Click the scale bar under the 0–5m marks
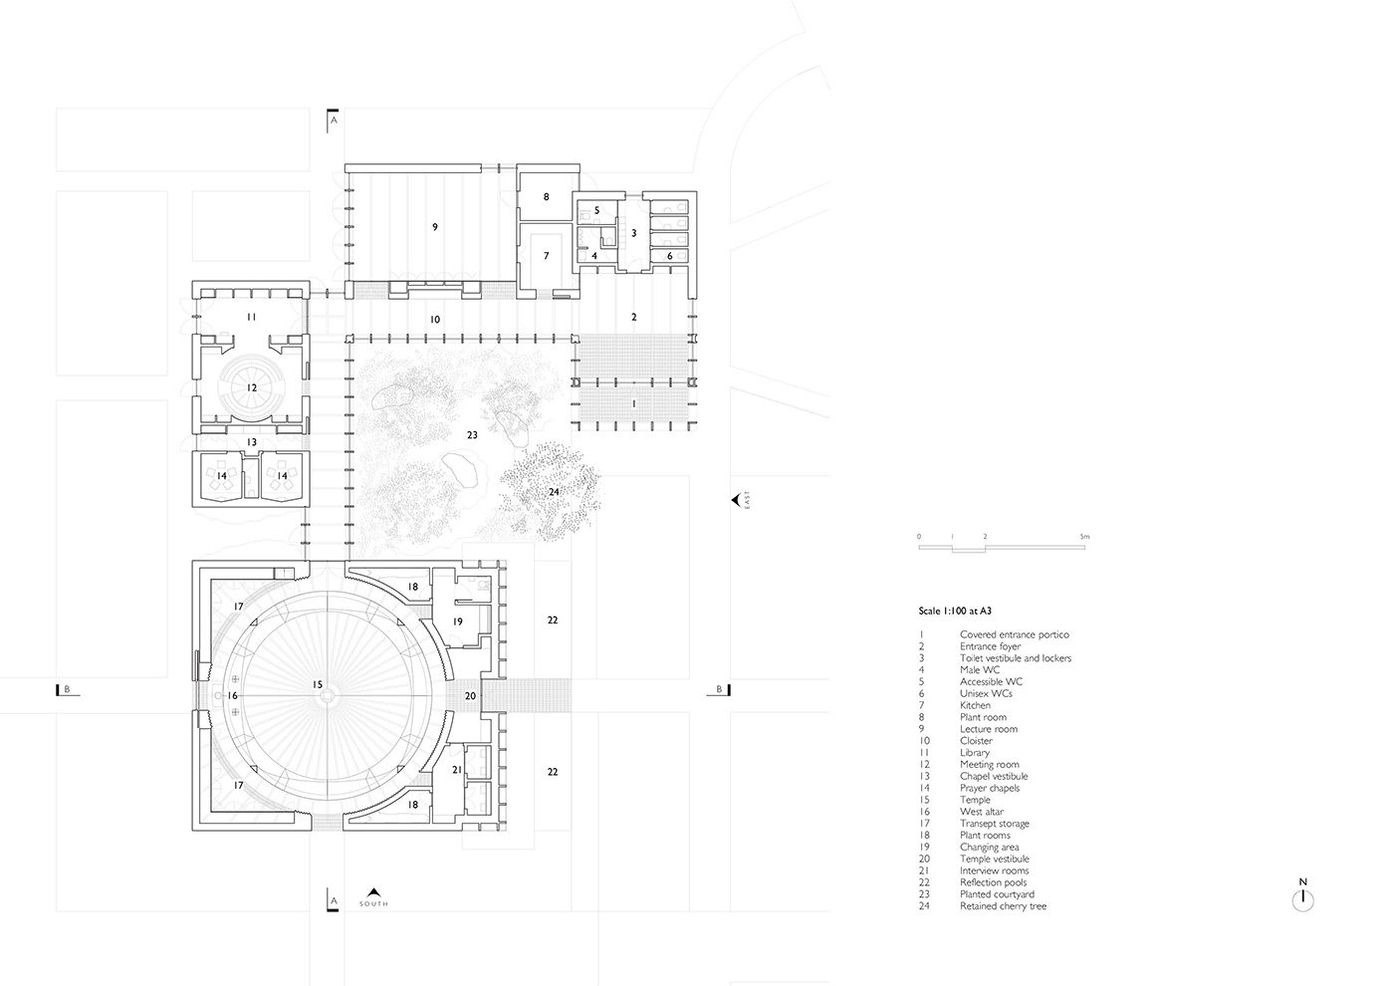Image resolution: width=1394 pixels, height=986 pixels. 1002,548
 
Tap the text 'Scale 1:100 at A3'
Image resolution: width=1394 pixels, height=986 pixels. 955,612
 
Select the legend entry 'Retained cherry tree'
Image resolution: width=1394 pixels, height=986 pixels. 1003,906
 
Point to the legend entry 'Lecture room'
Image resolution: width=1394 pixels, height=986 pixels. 988,729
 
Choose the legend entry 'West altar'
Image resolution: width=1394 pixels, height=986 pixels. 982,812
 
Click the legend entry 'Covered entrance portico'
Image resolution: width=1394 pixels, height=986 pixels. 1014,635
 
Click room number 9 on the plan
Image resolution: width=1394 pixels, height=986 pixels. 435,227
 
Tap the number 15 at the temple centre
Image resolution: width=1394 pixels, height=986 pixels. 318,685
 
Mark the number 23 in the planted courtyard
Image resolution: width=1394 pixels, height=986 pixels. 472,435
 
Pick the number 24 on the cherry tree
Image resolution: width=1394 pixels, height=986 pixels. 554,492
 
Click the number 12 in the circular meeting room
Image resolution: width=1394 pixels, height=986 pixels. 251,387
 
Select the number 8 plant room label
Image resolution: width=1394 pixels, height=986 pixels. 546,197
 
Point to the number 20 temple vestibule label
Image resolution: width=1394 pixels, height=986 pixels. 470,696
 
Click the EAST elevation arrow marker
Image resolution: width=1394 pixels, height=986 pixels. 738,499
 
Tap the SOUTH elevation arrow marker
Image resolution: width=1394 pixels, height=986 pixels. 373,896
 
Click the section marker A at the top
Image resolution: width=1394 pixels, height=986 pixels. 333,121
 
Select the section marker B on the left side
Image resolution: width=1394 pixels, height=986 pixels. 65,689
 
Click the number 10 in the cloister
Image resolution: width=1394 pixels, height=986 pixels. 435,320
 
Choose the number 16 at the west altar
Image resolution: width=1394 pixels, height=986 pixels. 232,696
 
